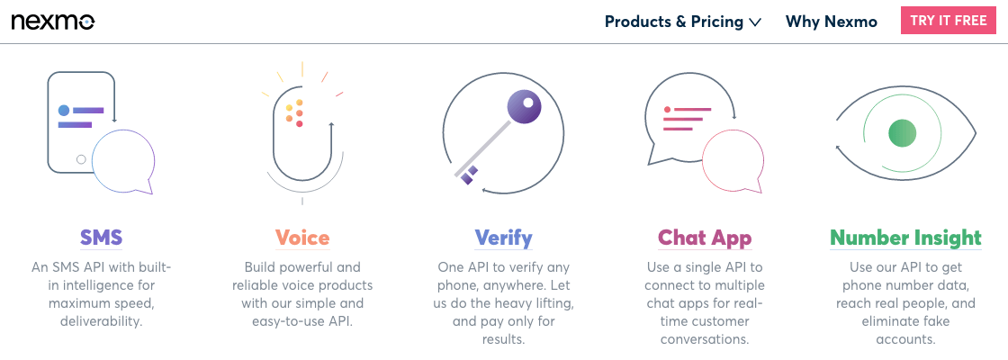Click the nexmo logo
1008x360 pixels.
point(53,22)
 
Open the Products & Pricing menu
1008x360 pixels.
point(683,22)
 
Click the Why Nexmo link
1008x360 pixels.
point(832,22)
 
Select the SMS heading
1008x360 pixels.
point(101,238)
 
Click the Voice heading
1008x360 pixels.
point(302,238)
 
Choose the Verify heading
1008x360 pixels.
point(503,238)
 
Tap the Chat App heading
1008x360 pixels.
point(705,238)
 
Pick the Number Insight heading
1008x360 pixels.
point(905,238)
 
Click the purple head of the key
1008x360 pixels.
point(526,107)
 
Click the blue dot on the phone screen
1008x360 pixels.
point(64,111)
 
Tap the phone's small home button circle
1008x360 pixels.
point(81,159)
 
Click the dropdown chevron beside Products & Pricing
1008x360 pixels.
point(755,22)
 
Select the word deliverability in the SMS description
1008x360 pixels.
point(101,320)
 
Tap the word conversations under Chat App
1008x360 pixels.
point(706,338)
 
